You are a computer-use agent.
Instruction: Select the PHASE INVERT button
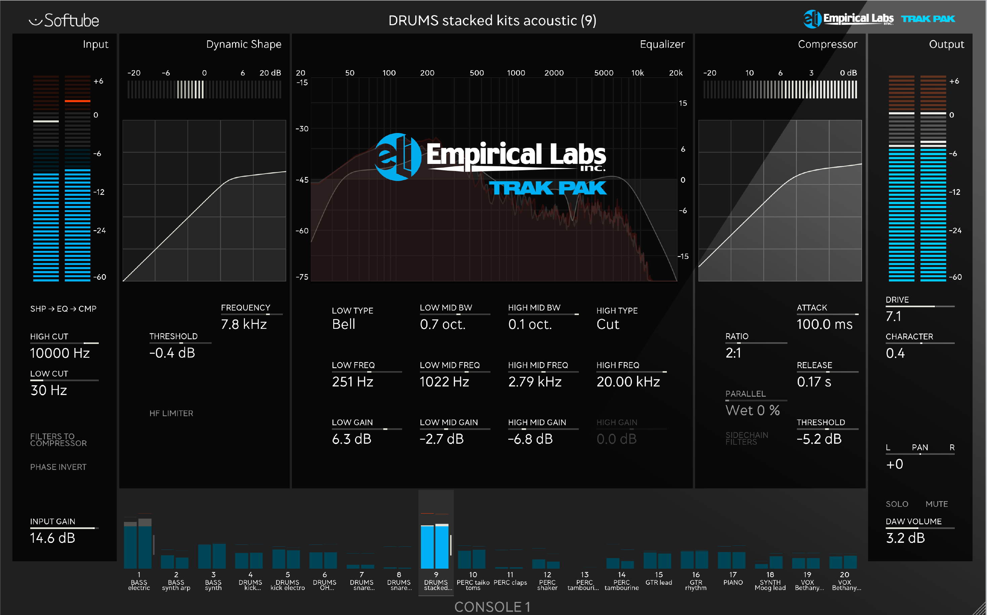click(x=58, y=467)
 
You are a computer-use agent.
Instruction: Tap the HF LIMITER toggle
click(x=171, y=413)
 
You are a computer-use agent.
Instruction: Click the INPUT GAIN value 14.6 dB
click(x=52, y=538)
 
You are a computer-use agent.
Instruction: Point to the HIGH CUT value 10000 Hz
click(x=60, y=353)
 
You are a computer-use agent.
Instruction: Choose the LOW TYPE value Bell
click(x=344, y=324)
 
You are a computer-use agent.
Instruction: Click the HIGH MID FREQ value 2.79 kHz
click(x=534, y=382)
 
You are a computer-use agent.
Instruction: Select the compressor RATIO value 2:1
click(x=733, y=353)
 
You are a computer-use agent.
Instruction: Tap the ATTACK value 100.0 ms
click(x=824, y=324)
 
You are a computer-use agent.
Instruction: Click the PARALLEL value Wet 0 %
click(x=753, y=410)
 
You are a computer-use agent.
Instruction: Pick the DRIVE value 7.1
click(x=893, y=316)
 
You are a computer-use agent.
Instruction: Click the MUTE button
click(x=937, y=504)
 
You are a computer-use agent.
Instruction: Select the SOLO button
click(x=897, y=504)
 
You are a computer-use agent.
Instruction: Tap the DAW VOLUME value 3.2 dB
click(x=905, y=538)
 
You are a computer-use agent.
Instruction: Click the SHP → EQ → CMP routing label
click(x=63, y=309)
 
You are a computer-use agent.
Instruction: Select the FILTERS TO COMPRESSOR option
click(x=58, y=440)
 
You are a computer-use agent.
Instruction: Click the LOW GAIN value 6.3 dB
click(x=351, y=439)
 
